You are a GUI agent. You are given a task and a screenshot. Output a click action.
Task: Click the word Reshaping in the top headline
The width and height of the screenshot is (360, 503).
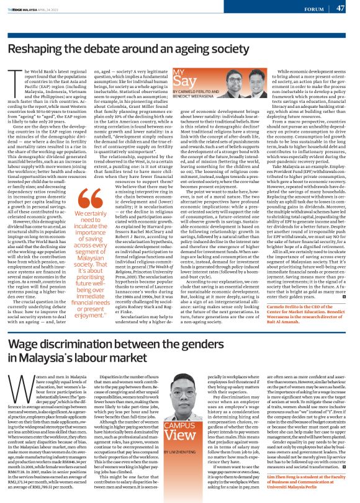point(38,50)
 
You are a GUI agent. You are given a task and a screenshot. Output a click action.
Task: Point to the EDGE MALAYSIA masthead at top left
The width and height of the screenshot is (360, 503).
point(24,9)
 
